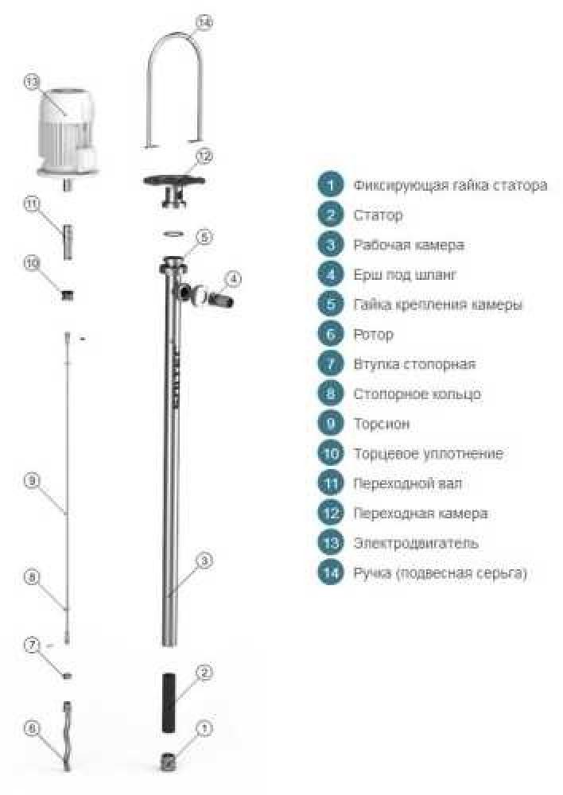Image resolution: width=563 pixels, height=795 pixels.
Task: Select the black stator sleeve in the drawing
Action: (x=169, y=702)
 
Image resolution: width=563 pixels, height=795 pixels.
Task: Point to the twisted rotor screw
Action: (x=67, y=735)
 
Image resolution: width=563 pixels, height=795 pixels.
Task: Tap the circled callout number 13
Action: (x=32, y=82)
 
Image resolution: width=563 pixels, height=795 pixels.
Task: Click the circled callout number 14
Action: (x=204, y=22)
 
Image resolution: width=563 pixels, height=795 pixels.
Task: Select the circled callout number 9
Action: (x=32, y=479)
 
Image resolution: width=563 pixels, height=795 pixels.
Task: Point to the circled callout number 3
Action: (x=204, y=560)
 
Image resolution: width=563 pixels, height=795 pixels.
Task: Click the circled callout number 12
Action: (x=204, y=156)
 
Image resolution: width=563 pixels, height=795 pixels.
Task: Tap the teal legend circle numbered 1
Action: (x=331, y=185)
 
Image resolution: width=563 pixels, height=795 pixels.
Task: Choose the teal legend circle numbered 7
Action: (x=331, y=364)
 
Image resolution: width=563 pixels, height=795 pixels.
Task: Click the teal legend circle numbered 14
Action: (x=331, y=573)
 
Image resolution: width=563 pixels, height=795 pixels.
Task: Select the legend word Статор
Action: (x=378, y=215)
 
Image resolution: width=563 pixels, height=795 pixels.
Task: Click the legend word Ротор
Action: (x=373, y=335)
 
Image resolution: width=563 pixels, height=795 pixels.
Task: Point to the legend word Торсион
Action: (x=382, y=424)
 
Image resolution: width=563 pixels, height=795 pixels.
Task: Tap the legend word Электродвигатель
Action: (x=416, y=543)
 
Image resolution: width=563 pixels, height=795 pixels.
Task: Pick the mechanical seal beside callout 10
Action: (x=67, y=294)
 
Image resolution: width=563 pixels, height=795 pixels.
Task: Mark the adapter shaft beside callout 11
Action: (x=68, y=242)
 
